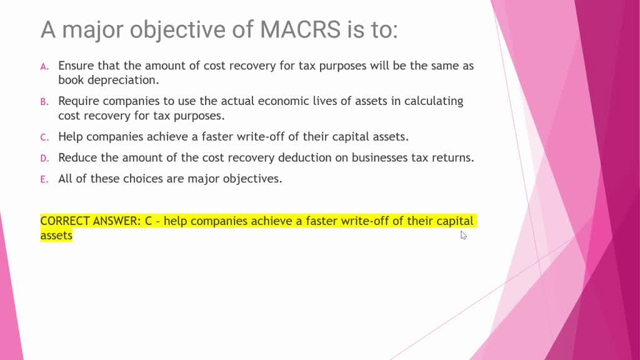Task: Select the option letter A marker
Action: click(44, 66)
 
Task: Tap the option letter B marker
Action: click(44, 102)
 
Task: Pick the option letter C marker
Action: click(44, 137)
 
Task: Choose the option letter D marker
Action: click(44, 158)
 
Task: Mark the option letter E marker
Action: click(44, 179)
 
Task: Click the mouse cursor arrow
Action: click(463, 234)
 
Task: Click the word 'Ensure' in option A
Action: click(76, 66)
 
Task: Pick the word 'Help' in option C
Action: click(69, 136)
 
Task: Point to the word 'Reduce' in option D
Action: click(77, 157)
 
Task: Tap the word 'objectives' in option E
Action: click(252, 179)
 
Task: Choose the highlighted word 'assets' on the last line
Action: click(56, 236)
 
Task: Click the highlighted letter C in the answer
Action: click(149, 221)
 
